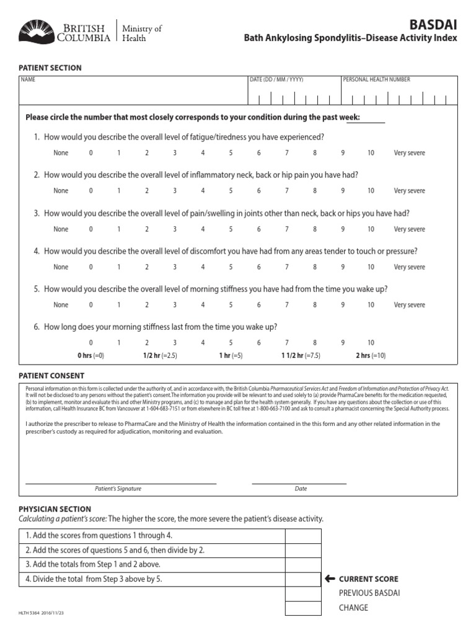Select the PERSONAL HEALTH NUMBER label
coord(376,79)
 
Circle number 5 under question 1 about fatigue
coord(231,153)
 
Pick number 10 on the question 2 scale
coord(371,191)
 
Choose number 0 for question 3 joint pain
coord(90,229)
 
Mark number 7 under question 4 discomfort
coord(286,267)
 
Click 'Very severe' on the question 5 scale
coord(410,305)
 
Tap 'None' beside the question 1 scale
coord(61,153)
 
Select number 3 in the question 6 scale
coord(175,343)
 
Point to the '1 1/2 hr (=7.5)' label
coord(301,356)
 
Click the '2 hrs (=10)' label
coord(370,356)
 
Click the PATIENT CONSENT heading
coord(51,376)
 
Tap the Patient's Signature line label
coord(118,489)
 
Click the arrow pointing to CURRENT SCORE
coord(330,579)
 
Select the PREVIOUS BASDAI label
coord(369,593)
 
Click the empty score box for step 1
coord(303,536)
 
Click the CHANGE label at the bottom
coord(353,608)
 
